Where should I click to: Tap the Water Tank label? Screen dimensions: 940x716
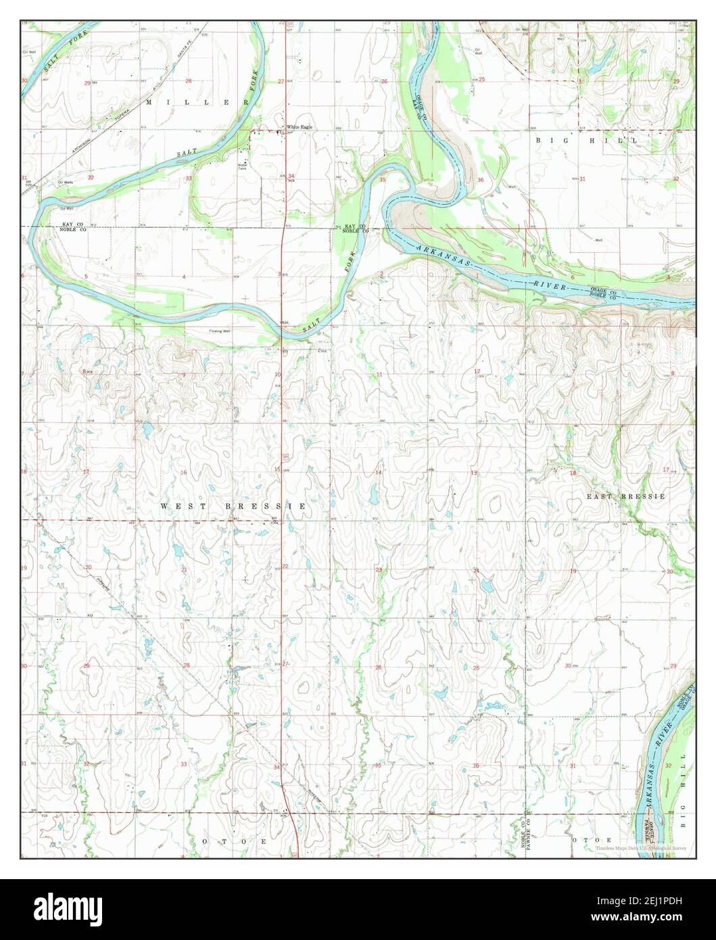point(242,166)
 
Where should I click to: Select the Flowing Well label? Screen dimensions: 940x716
point(220,331)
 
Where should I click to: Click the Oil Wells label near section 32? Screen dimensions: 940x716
point(66,182)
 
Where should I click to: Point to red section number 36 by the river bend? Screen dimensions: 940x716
point(481,180)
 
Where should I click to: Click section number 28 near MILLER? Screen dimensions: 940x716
point(189,81)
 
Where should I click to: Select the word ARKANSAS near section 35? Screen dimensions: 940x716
point(439,256)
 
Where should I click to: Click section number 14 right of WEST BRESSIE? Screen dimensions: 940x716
point(379,472)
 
